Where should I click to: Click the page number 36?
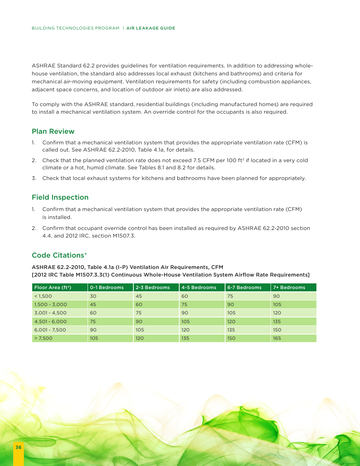tap(18, 447)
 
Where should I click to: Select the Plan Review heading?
tap(53, 131)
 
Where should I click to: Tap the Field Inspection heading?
tap(60, 197)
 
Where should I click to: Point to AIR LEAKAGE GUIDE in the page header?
tap(151, 28)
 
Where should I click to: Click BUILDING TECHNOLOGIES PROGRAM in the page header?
tap(75, 28)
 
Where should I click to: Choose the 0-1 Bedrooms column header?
tap(107, 288)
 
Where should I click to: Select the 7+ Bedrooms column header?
tap(289, 288)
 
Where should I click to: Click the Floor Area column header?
tap(53, 288)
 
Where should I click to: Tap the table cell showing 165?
tap(277, 338)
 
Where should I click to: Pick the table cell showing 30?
tap(93, 296)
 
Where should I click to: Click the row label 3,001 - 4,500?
tap(50, 313)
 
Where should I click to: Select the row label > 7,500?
tap(43, 338)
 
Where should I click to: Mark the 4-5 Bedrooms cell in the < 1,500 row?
tap(185, 296)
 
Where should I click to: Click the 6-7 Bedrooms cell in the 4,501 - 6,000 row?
tap(231, 322)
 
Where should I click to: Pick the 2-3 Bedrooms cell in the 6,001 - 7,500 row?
tap(140, 330)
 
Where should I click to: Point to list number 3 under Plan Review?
tap(33, 178)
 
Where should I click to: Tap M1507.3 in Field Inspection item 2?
tap(124, 236)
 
